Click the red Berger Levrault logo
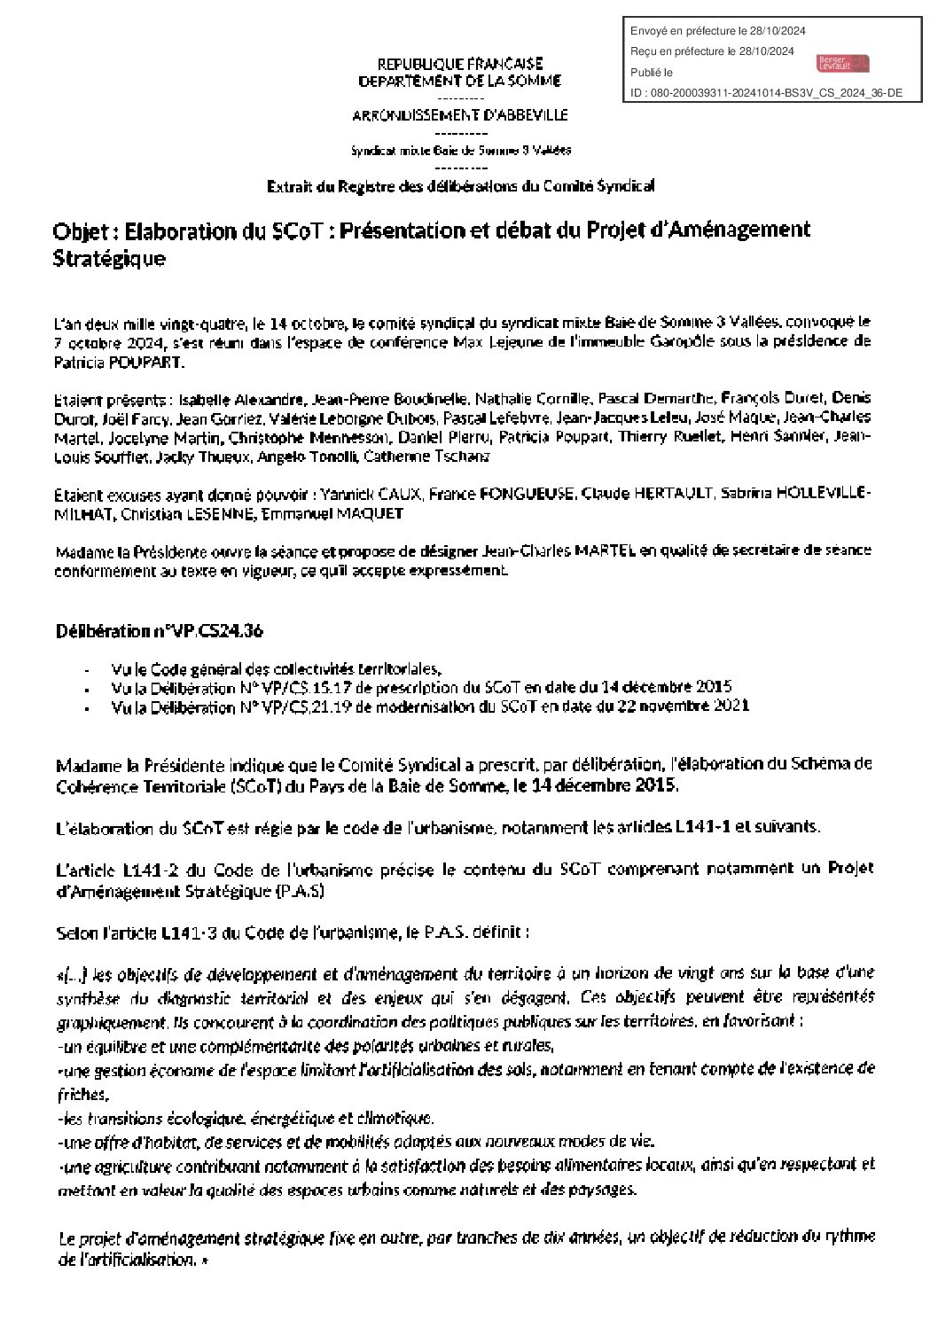coord(842,63)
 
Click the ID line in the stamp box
coord(766,91)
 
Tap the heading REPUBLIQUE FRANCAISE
coord(460,65)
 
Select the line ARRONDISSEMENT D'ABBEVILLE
coord(460,115)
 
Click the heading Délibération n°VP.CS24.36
coord(160,631)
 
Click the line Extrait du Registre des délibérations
coord(461,186)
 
